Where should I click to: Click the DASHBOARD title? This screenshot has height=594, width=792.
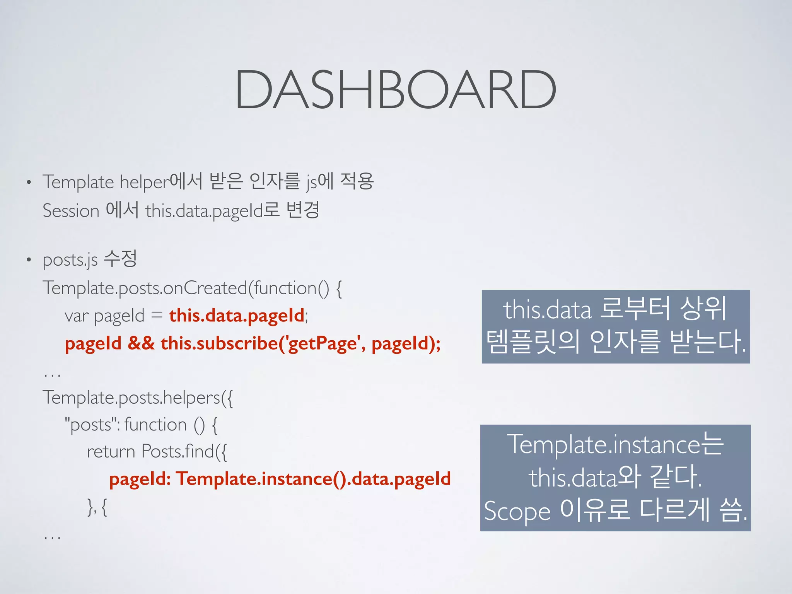tap(395, 90)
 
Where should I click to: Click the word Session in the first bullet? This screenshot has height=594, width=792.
tap(71, 211)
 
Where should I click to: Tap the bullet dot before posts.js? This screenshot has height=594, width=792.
tap(29, 260)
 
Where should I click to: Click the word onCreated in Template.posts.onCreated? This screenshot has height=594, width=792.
tap(205, 288)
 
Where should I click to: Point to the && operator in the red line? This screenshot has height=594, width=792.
tap(141, 343)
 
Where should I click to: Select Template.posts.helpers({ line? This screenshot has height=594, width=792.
tap(138, 398)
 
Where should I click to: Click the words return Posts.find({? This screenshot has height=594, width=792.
tap(157, 452)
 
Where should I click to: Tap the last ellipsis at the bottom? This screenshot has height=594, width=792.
tap(52, 538)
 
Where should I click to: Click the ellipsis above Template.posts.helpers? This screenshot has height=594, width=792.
tap(52, 375)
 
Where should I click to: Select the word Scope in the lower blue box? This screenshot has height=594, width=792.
tap(517, 511)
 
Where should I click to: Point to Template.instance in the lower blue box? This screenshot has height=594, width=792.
tap(605, 445)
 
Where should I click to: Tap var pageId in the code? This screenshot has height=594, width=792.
tap(104, 316)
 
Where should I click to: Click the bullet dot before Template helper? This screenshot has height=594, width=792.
tap(29, 182)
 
